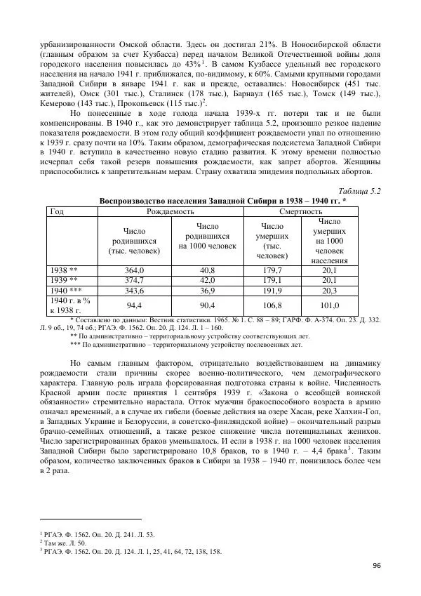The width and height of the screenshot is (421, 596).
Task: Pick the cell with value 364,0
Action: point(133,270)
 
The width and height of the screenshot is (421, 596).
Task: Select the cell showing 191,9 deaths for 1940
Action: point(272,290)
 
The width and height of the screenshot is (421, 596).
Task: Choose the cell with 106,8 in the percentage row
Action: point(272,305)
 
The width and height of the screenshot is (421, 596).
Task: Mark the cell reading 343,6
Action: point(133,290)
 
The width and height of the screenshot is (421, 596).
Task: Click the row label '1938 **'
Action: point(62,270)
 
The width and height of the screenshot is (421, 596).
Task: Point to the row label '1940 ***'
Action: point(65,290)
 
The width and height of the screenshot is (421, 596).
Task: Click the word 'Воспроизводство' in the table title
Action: point(134,200)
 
